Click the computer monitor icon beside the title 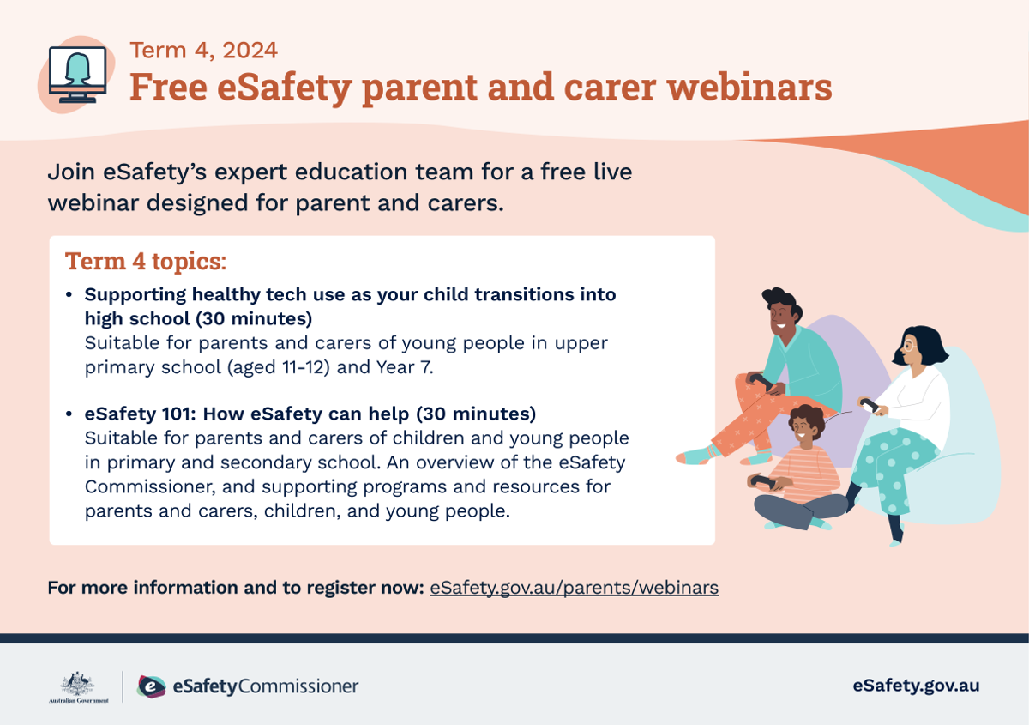(78, 75)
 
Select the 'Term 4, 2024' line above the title (203, 50)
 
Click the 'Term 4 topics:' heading (146, 261)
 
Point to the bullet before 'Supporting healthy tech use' (69, 294)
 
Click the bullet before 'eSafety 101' (69, 414)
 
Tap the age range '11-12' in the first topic (306, 367)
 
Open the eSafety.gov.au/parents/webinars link (575, 588)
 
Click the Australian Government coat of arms (78, 684)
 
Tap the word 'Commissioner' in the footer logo (298, 686)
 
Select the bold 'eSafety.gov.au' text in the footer (916, 686)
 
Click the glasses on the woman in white (909, 345)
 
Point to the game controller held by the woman (869, 405)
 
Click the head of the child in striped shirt (805, 426)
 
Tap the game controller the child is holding (763, 482)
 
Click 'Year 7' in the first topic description (404, 367)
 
